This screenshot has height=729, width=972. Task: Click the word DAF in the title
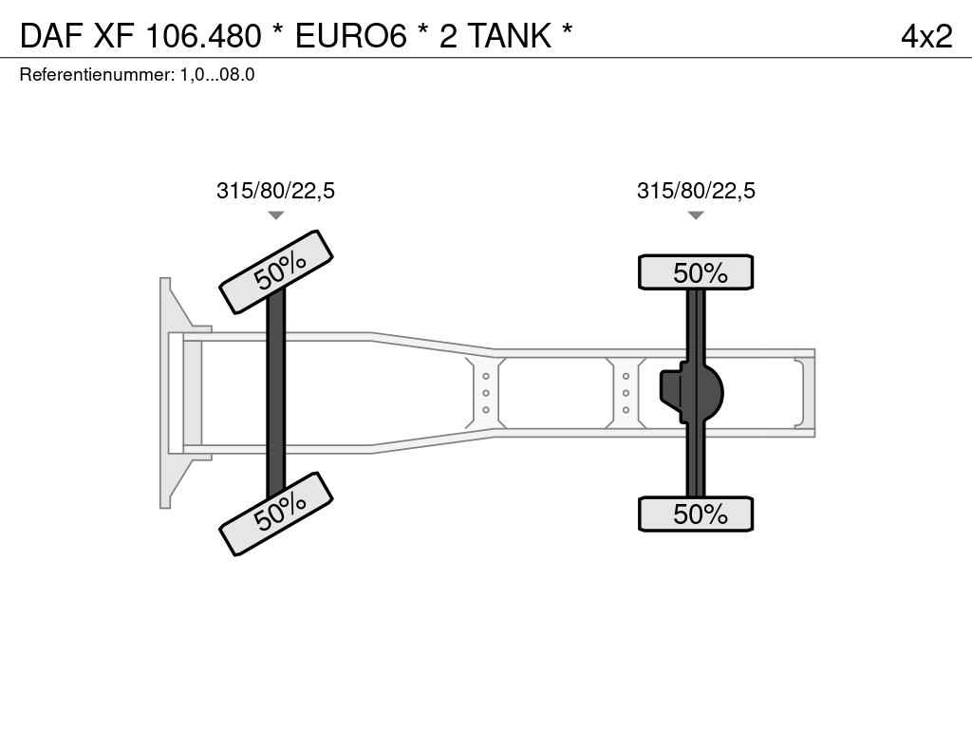coord(51,35)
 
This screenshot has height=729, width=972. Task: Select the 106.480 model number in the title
coord(203,35)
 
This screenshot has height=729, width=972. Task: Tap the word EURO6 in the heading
coord(351,35)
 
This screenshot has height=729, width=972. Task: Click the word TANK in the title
coord(509,35)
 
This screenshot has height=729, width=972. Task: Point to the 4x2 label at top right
coord(926,36)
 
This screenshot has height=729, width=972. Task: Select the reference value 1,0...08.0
coord(217,75)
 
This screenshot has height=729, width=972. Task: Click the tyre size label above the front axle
coord(275,190)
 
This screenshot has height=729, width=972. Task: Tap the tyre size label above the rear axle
coord(696,190)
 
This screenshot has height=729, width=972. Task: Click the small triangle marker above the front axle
coord(276,215)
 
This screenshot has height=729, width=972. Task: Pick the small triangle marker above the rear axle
coord(696,215)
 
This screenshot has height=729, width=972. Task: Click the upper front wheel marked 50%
coord(276,271)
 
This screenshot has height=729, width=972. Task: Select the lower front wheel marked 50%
coord(276,514)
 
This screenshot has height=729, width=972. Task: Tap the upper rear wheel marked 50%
coord(696,272)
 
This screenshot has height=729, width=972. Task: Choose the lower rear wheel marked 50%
coord(696,514)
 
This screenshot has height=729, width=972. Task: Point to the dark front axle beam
coord(276,393)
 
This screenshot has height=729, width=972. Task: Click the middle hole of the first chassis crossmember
coord(486,393)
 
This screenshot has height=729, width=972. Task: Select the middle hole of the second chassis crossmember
coord(626,393)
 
